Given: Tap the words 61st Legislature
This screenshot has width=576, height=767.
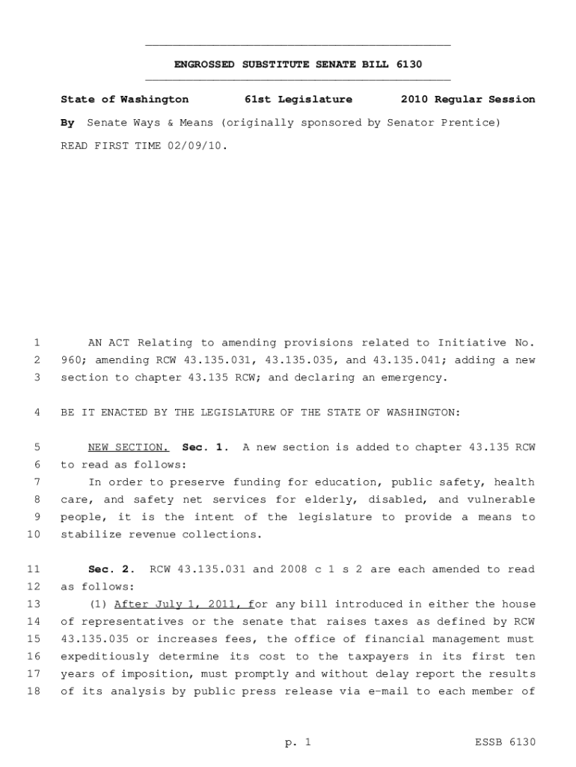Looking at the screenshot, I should click(298, 99).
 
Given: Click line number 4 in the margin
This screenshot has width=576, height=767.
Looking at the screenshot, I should click(36, 413).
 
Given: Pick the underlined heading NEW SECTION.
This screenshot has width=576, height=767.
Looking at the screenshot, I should click(129, 447).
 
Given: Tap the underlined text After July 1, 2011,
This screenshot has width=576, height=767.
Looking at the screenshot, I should click(181, 604).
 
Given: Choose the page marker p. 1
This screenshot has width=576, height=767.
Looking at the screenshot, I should click(298, 742).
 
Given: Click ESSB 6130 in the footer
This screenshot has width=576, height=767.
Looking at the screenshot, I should click(506, 742).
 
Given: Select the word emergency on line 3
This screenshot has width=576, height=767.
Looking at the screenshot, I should click(414, 378).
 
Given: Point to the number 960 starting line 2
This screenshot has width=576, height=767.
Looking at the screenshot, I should click(70, 360).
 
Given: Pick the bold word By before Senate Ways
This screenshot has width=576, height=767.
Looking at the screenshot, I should click(67, 122).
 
